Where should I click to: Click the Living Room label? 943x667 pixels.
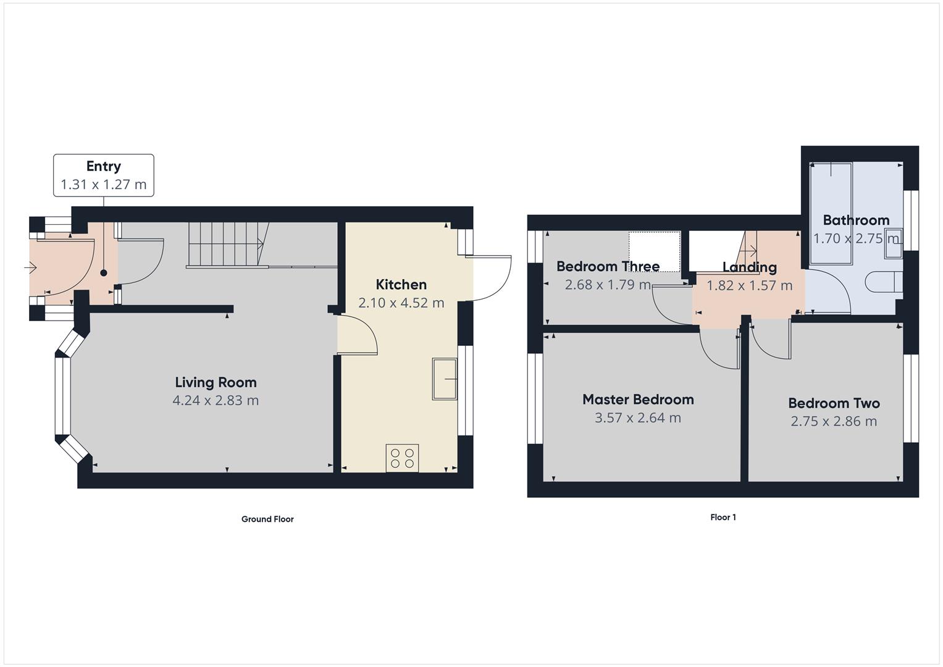216,382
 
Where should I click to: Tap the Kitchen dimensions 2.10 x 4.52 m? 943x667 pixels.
401,303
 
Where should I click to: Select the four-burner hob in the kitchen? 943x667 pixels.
402,458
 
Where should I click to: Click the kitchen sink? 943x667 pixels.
445,379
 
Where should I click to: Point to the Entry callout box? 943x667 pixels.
104,175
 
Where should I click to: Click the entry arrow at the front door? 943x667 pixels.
30,267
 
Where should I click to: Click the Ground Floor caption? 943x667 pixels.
267,519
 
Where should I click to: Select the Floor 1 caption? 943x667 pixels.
723,518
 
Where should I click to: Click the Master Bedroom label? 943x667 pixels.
638,400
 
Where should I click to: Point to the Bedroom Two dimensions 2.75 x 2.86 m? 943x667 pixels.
834,421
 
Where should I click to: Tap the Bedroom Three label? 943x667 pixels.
608,266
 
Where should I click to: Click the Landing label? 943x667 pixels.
749,267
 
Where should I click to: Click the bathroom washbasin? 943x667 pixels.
893,242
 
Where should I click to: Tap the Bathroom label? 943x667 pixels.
856,220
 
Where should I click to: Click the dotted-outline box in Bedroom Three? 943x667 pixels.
655,250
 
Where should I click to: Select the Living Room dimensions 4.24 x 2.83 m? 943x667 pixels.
216,400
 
